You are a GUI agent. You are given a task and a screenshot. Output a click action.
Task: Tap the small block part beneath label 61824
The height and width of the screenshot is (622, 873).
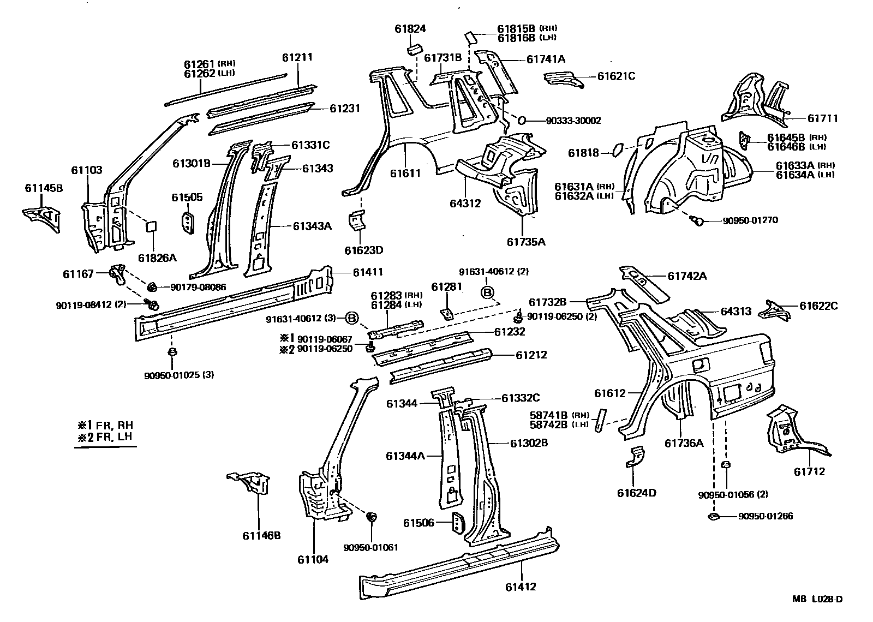click(x=413, y=50)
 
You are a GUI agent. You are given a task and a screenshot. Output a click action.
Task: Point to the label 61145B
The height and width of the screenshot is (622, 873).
click(x=44, y=189)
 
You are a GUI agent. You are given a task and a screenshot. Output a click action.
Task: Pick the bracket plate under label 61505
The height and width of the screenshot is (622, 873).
click(x=187, y=223)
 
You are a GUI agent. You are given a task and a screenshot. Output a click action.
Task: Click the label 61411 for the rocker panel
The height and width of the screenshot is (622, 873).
click(x=368, y=272)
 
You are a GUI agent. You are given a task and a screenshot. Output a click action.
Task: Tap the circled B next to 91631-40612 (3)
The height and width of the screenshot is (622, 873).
click(x=352, y=318)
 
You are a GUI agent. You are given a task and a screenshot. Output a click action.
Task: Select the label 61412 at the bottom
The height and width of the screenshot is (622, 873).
click(x=521, y=587)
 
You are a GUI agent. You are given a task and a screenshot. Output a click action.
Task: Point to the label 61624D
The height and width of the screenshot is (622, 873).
click(x=637, y=493)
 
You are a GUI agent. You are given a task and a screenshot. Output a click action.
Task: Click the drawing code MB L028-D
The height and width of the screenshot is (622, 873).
click(x=817, y=599)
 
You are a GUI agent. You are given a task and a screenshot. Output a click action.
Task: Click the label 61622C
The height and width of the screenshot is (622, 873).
click(x=818, y=307)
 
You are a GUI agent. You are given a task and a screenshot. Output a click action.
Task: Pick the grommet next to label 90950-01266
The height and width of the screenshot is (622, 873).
click(x=714, y=516)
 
